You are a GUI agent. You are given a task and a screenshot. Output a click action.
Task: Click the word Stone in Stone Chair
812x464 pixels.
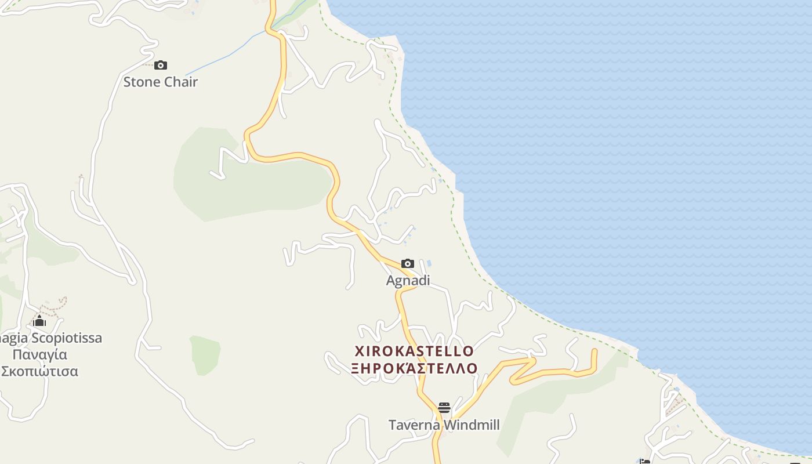click(x=142, y=82)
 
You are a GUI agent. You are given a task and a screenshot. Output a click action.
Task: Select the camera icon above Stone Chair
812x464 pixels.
click(x=161, y=66)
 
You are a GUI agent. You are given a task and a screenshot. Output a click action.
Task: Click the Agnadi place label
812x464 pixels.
click(x=408, y=281)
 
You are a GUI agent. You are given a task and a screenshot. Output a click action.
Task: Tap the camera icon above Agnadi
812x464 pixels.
click(x=408, y=264)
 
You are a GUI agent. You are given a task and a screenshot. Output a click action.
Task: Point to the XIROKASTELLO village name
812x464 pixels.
click(x=414, y=351)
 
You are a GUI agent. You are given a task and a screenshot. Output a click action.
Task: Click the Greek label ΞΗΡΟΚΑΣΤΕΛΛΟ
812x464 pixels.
click(x=414, y=368)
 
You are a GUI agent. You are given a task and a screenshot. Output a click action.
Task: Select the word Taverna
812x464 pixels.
click(x=414, y=425)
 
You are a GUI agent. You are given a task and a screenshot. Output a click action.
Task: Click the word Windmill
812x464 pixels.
click(x=471, y=425)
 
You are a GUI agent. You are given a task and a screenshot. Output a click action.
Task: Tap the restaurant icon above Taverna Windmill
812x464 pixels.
click(x=444, y=408)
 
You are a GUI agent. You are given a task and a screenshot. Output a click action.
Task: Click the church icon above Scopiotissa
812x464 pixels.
click(x=39, y=321)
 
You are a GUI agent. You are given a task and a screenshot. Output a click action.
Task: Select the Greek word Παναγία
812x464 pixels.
click(x=40, y=354)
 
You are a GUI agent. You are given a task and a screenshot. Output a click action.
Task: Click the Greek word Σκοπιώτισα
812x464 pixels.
click(x=39, y=371)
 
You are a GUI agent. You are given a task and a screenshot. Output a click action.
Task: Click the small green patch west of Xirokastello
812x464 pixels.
click(x=205, y=354)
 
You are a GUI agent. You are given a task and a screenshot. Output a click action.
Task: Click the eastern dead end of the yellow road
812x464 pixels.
click(x=594, y=351)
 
